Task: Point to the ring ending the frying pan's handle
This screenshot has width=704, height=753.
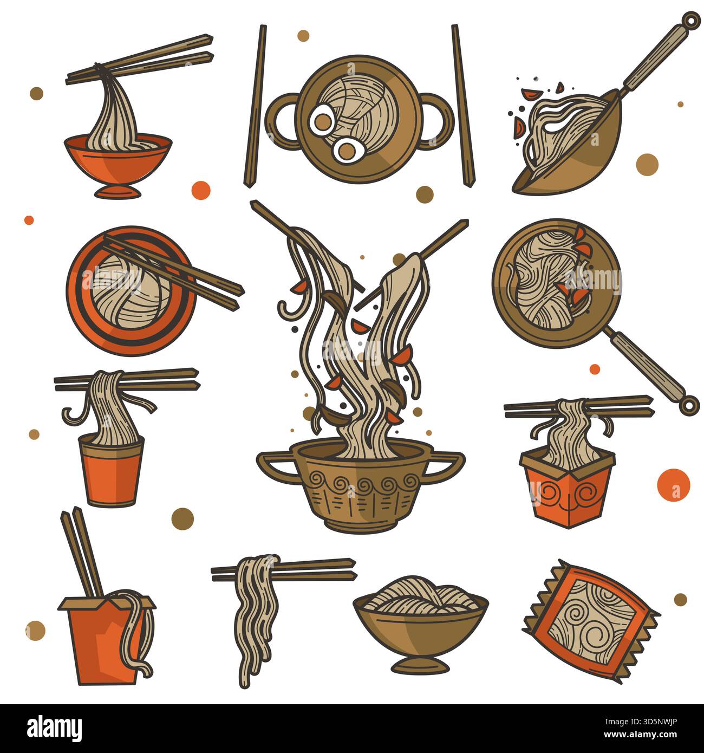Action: point(687,404)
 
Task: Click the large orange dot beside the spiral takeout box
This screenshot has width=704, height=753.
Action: point(673,484)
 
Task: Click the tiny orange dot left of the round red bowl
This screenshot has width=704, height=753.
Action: point(29,220)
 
